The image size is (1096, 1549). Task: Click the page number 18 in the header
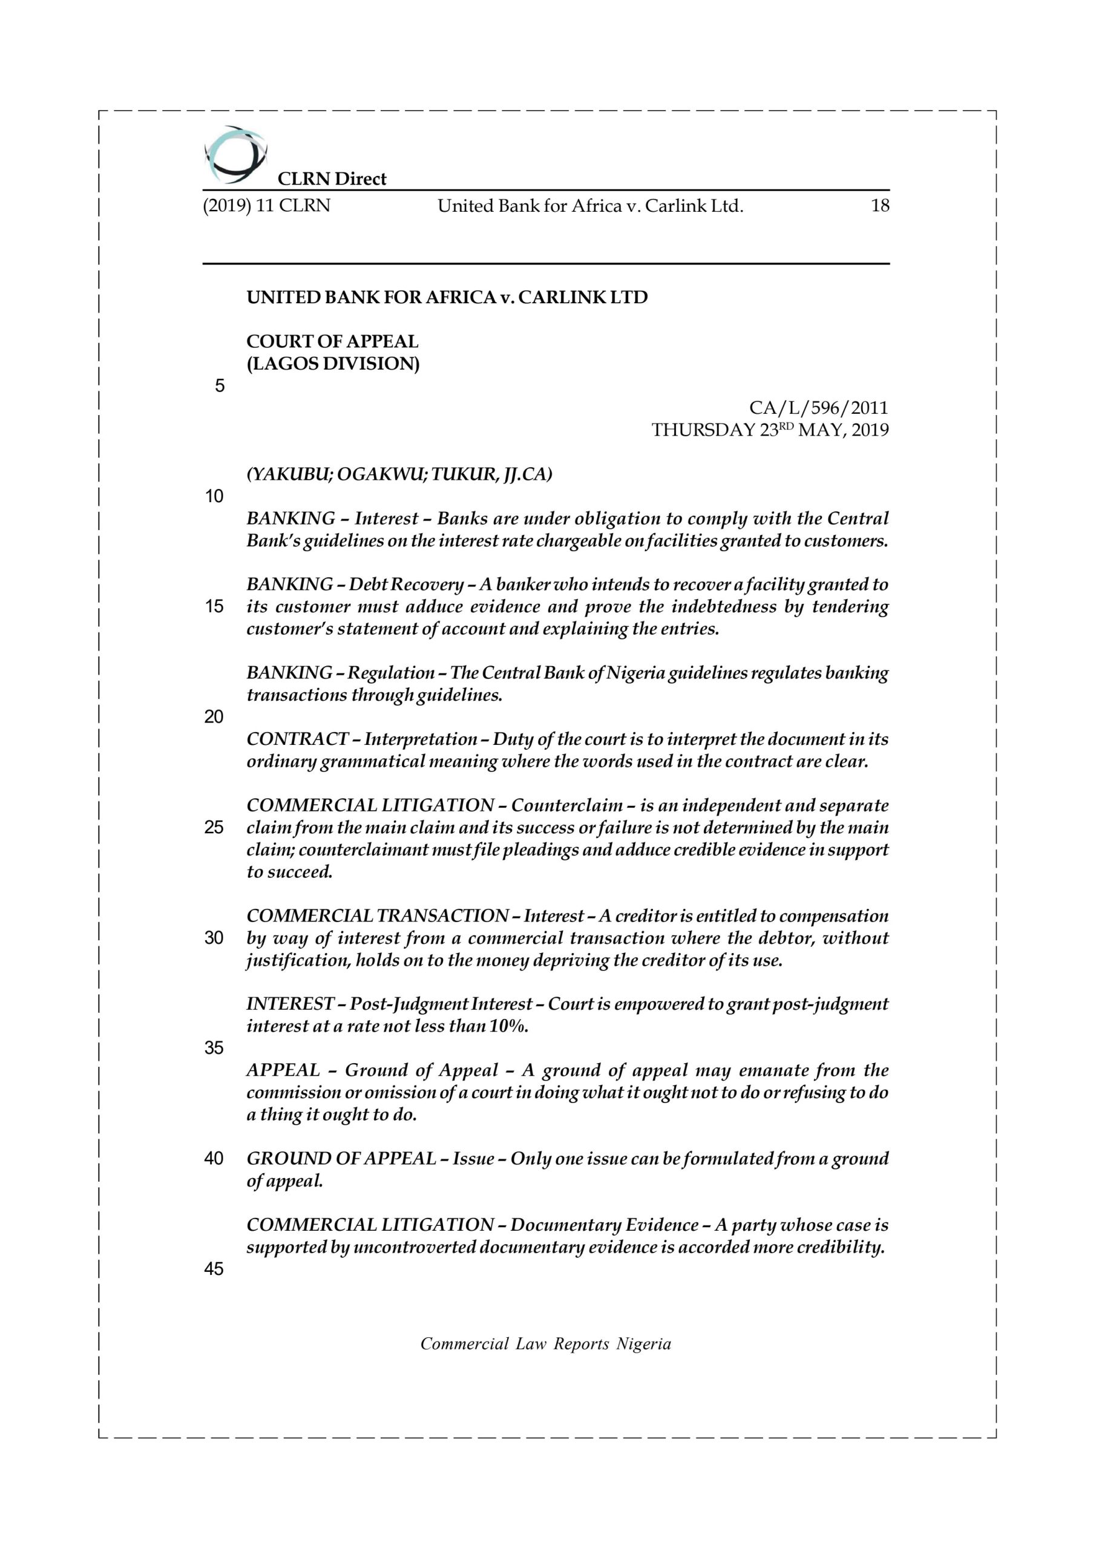879,206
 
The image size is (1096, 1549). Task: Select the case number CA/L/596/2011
818,408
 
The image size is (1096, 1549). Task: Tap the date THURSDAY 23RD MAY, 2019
769,430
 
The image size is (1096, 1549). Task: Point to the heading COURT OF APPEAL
332,341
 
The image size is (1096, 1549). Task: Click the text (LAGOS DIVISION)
333,364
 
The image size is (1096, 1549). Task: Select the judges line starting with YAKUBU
399,474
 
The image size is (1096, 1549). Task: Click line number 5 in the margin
219,386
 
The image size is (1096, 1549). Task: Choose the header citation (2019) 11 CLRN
266,206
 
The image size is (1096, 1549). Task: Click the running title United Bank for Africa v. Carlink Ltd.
590,206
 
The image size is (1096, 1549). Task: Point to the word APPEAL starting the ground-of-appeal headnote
283,1070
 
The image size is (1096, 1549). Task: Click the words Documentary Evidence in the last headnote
604,1225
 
